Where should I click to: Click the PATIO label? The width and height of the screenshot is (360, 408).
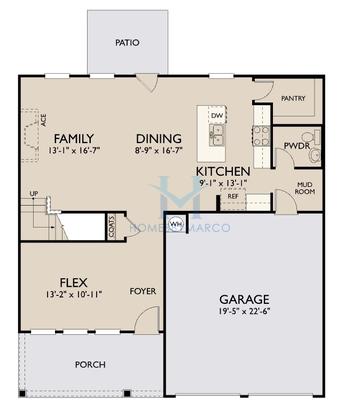tap(126, 43)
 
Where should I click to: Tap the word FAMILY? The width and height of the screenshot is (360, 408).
tap(74, 139)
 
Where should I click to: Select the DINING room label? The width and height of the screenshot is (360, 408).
tap(159, 139)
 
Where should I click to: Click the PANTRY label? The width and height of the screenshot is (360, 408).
tap(293, 98)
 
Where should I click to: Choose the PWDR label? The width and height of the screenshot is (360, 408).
tap(297, 146)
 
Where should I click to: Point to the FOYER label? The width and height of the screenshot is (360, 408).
tap(142, 292)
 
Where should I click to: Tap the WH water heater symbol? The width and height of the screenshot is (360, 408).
tap(176, 224)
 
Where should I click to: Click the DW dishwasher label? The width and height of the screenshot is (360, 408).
tap(216, 116)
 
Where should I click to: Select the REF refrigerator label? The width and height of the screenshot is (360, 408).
tap(232, 196)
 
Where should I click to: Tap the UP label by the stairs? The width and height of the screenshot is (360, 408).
tap(34, 193)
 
